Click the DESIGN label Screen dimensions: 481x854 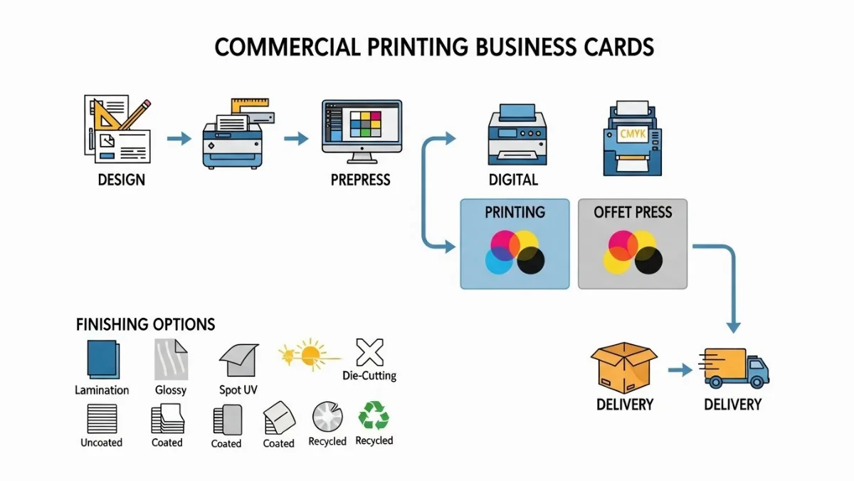coord(121,179)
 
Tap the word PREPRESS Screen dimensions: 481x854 coord(360,179)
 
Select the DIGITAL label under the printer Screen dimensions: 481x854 coord(513,179)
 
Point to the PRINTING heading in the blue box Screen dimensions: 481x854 coord(515,212)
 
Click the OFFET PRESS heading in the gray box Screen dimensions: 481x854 coord(633,212)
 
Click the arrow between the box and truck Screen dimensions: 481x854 coord(680,371)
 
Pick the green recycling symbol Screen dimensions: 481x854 coord(374,416)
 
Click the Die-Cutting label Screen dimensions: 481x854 coord(369,376)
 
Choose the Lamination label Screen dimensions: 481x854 coord(102,390)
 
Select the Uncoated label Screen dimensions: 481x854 coord(101,443)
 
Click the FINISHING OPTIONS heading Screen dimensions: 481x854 coord(145,325)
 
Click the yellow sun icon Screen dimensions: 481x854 coord(310,352)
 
